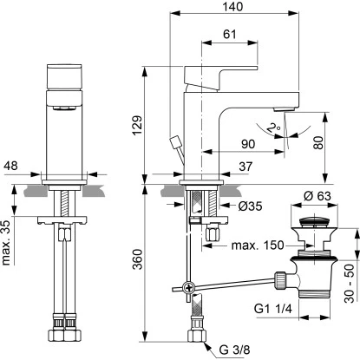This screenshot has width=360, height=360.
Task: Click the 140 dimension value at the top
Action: coord(232,7)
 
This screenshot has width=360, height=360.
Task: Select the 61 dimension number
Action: coord(230,35)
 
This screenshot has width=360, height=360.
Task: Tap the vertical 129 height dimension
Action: coord(137,125)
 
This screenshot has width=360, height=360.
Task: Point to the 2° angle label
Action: coord(273,128)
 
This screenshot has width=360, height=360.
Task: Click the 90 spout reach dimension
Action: coord(248,144)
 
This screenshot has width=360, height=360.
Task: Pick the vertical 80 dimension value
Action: coord(317,142)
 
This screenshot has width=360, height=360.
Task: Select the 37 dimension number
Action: coord(245,167)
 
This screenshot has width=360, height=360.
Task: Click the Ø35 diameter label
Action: coord(251,206)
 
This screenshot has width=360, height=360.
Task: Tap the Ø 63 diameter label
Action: coord(317,196)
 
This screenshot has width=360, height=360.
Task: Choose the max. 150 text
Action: coord(258,245)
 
